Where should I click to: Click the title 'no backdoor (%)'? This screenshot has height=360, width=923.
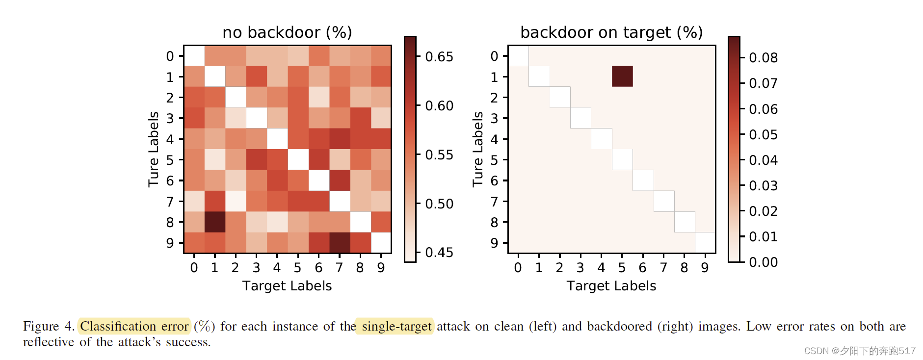pyautogui.click(x=287, y=32)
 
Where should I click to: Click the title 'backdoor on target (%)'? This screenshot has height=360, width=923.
pyautogui.click(x=611, y=32)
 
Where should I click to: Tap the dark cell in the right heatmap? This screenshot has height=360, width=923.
pyautogui.click(x=622, y=77)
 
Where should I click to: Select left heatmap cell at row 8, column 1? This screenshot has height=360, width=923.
pyautogui.click(x=215, y=222)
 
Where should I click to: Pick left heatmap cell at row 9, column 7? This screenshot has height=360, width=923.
pyautogui.click(x=339, y=242)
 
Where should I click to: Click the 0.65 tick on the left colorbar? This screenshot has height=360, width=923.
pyautogui.click(x=439, y=57)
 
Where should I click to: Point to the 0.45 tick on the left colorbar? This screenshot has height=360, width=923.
pyautogui.click(x=439, y=253)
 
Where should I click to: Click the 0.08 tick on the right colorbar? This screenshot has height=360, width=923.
pyautogui.click(x=763, y=58)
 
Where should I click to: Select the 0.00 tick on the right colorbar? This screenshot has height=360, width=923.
pyautogui.click(x=763, y=262)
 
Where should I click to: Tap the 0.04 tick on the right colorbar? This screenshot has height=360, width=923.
pyautogui.click(x=763, y=160)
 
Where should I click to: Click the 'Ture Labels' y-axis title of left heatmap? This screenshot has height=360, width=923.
pyautogui.click(x=154, y=149)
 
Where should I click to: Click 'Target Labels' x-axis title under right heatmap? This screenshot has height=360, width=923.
pyautogui.click(x=611, y=286)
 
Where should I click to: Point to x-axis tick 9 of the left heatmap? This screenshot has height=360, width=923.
pyautogui.click(x=381, y=268)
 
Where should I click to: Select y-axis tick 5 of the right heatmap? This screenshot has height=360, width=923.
pyautogui.click(x=494, y=160)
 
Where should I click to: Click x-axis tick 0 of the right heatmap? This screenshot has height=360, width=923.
pyautogui.click(x=518, y=268)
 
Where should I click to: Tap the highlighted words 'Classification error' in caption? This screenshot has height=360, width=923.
pyautogui.click(x=134, y=326)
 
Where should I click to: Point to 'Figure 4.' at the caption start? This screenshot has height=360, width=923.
pyautogui.click(x=48, y=326)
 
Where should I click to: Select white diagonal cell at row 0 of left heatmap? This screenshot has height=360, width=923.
pyautogui.click(x=194, y=56)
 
